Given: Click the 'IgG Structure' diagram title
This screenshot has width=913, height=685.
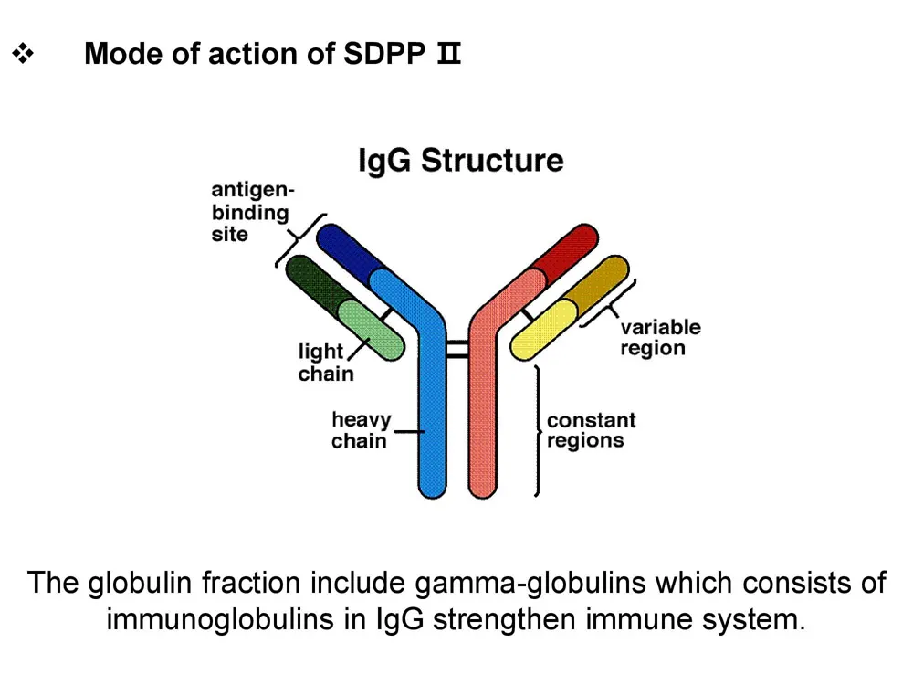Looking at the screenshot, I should pos(460,162).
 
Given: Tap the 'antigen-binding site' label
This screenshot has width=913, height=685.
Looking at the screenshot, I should pos(249,212).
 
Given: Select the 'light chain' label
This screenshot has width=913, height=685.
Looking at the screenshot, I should pos(325,363).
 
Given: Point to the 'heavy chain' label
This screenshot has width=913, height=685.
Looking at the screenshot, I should pos(361,430).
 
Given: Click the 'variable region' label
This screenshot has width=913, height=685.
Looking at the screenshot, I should pos(660,337).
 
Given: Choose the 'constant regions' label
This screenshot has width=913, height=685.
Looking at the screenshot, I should pos(591,430).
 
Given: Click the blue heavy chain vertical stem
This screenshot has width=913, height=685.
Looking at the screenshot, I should pos(432,420).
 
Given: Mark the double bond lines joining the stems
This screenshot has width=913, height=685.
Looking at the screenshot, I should pos(456,348).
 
